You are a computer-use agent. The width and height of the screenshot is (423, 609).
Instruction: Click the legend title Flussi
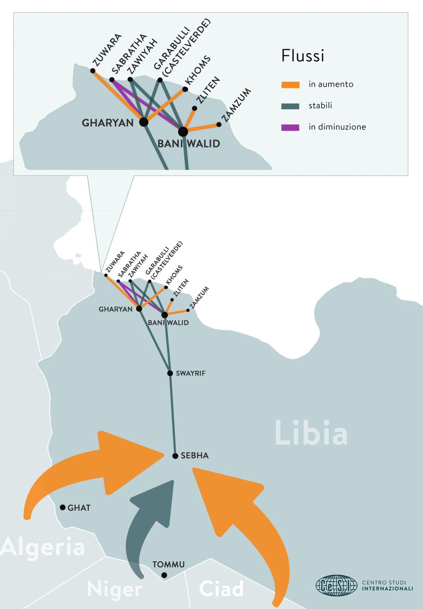click(x=303, y=56)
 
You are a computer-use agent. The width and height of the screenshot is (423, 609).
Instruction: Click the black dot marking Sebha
click(x=175, y=456)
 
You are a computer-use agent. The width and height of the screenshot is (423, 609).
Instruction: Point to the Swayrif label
click(x=191, y=374)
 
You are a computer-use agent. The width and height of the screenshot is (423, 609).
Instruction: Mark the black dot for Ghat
click(x=62, y=507)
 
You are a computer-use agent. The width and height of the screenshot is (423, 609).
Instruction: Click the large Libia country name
click(x=311, y=433)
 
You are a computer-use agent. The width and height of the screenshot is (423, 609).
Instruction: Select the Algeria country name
click(x=43, y=548)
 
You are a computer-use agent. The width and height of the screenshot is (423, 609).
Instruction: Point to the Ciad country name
click(x=221, y=589)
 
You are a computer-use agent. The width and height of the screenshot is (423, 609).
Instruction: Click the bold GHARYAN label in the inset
click(x=110, y=122)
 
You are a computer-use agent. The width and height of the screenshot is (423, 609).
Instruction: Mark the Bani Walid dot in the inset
click(x=183, y=131)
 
